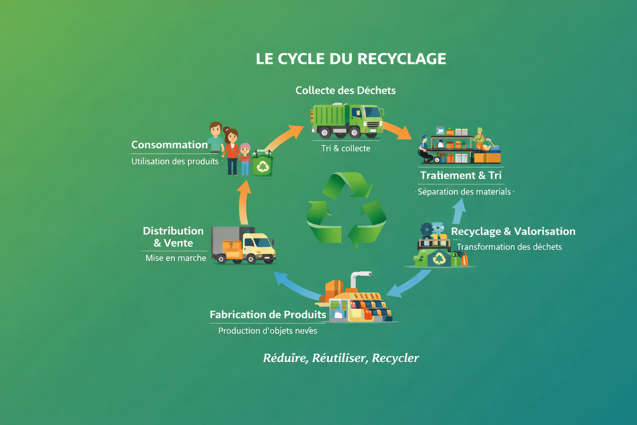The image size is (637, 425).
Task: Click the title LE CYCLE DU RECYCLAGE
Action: click(351, 59)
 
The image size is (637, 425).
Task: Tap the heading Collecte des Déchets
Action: click(345, 90)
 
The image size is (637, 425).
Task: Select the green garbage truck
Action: click(348, 120)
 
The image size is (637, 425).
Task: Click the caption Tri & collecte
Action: click(345, 149)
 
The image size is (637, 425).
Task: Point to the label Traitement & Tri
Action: click(461, 176)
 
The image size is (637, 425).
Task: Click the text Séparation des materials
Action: click(464, 192)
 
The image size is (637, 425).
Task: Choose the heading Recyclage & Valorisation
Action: click(513, 232)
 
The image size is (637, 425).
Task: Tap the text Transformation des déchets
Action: click(509, 247)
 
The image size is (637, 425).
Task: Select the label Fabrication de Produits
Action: click(268, 315)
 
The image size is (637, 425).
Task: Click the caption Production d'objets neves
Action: click(267, 331)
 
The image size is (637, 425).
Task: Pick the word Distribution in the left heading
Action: click(173, 231)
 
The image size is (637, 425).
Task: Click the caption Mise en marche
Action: click(176, 258)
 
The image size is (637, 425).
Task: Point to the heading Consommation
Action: click(169, 145)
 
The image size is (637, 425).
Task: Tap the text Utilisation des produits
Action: click(175, 161)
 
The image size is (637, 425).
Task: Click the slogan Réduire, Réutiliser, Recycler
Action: click(341, 358)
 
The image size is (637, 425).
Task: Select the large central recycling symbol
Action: click(346, 210)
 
